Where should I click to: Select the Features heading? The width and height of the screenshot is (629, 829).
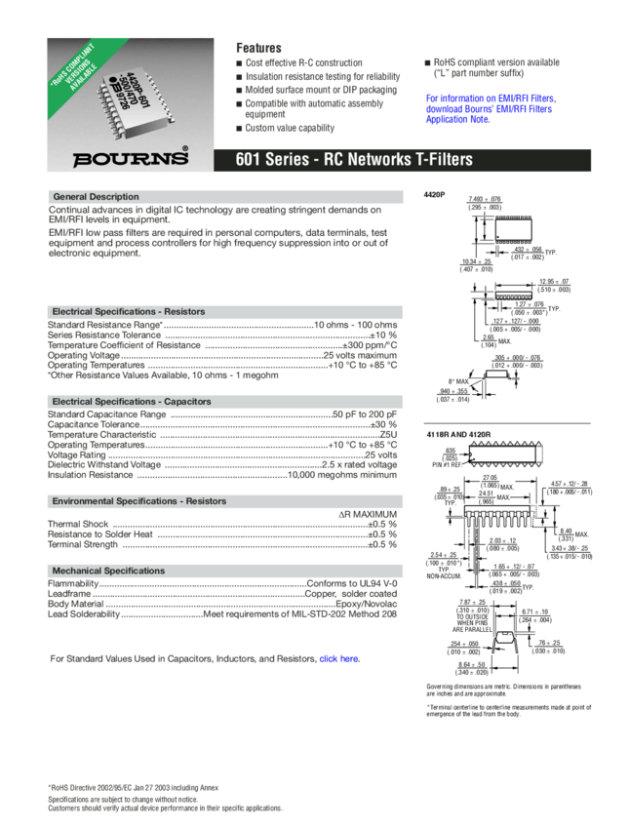point(259,48)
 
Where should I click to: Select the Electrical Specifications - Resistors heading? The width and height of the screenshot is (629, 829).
point(128,311)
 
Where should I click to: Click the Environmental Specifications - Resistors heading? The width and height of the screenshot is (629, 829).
point(138,500)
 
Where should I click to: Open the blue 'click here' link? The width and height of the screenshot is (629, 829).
point(339,659)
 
